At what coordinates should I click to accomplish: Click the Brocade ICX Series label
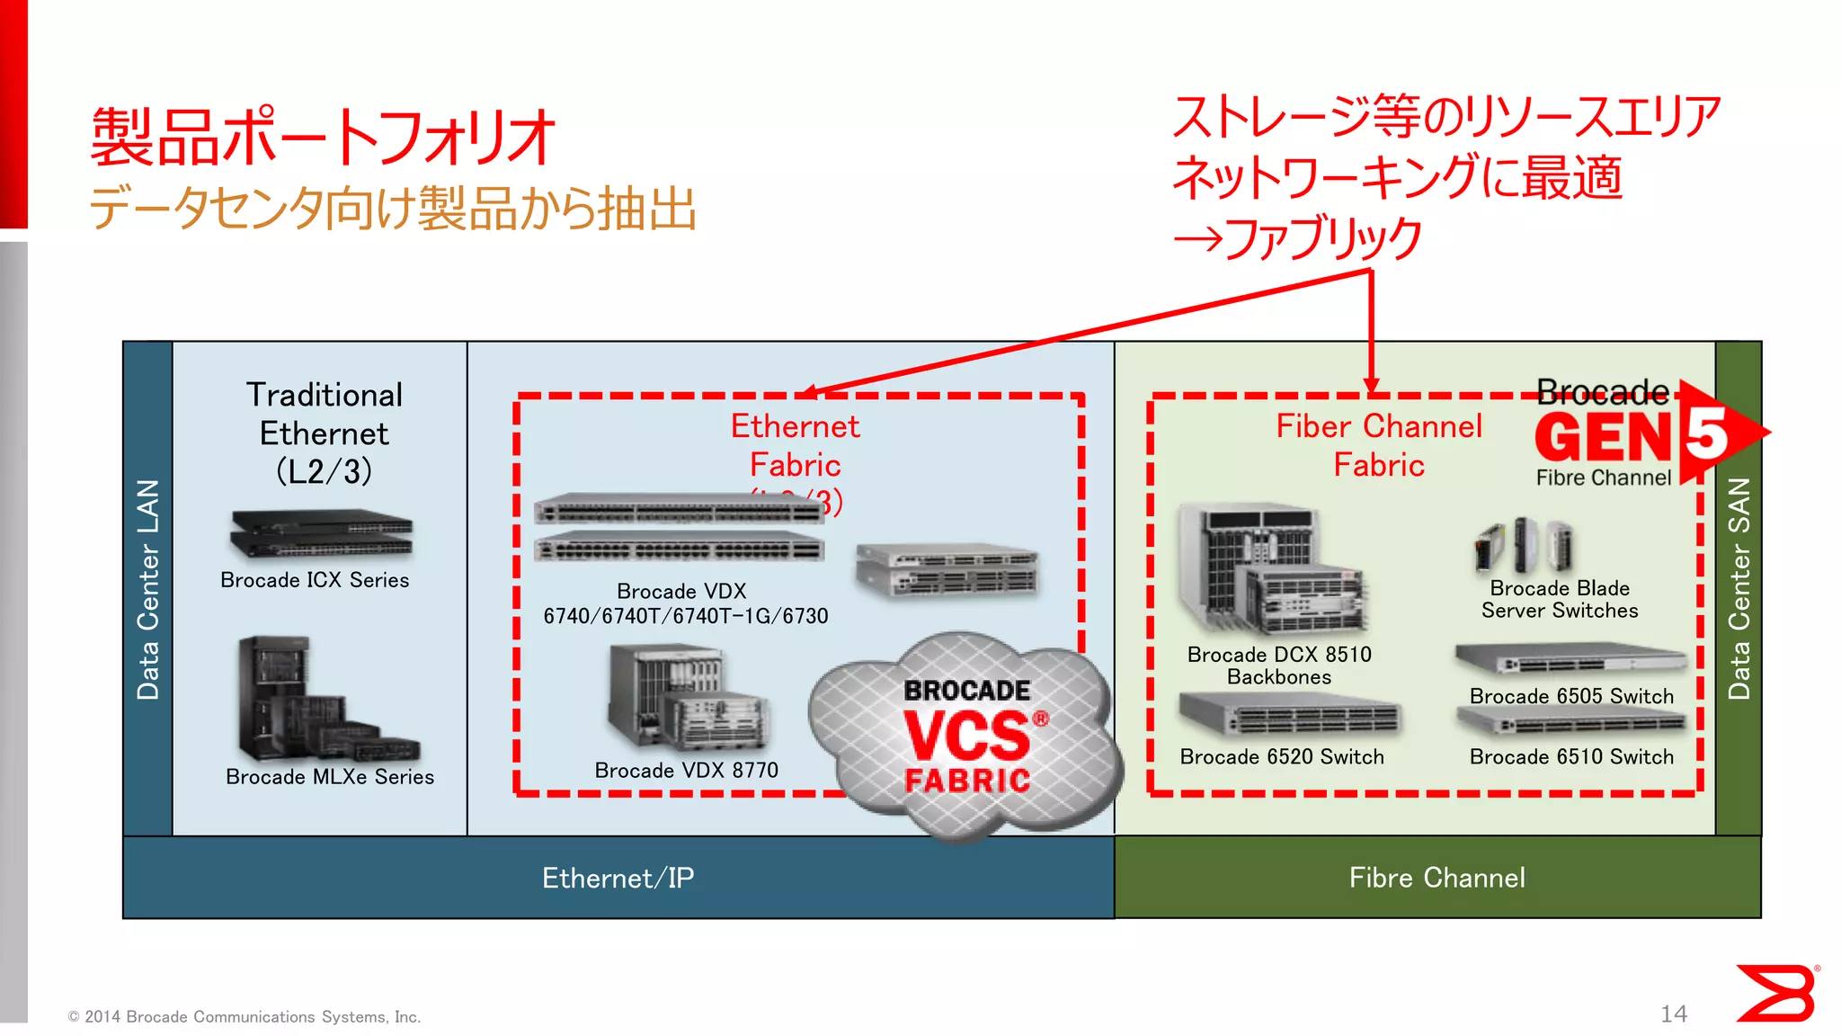pos(315,580)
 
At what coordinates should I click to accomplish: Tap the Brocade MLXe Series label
pos(330,777)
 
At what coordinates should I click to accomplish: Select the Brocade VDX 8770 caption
pos(687,771)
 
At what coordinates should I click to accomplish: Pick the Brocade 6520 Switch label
pos(1282,757)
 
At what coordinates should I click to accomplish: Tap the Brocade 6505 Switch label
pos(1571,696)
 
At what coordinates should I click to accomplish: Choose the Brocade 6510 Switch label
pos(1571,757)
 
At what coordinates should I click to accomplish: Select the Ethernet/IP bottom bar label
pos(618,878)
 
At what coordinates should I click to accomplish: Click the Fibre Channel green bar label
pos(1436,878)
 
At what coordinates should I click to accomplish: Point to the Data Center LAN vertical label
pos(147,589)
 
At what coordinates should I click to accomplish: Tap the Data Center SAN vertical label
pos(1739,589)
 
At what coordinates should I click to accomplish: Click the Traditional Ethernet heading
pos(325,433)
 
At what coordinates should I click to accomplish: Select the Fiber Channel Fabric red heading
pos(1379,445)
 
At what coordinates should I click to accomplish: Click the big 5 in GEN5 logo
pos(1707,433)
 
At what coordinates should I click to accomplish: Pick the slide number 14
pos(1673,1014)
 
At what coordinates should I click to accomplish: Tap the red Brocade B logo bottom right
pos(1775,993)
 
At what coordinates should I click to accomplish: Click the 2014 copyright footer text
pos(245,1017)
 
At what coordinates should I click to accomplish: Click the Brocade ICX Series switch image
pos(321,534)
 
